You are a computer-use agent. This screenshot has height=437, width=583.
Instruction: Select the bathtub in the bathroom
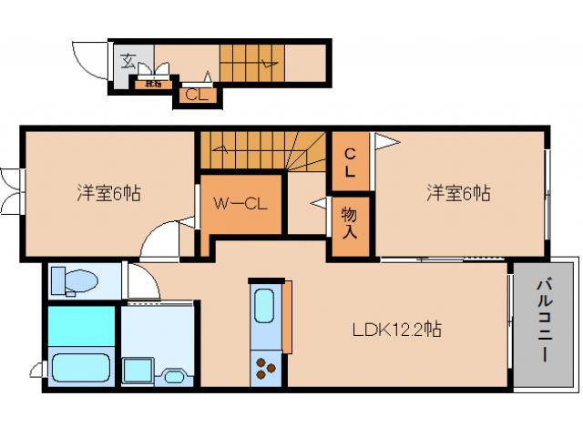[81, 369]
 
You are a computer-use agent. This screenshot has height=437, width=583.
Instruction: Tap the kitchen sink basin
[264, 305]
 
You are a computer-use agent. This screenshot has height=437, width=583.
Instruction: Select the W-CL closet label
[240, 204]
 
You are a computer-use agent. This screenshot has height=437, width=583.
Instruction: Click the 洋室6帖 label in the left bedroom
[108, 193]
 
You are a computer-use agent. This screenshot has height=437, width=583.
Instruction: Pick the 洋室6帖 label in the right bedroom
[459, 193]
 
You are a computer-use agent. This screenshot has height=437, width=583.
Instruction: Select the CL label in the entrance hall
[195, 94]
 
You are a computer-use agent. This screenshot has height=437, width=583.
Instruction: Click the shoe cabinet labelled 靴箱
[153, 85]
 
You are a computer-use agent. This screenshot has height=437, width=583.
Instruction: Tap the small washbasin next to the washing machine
[176, 373]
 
